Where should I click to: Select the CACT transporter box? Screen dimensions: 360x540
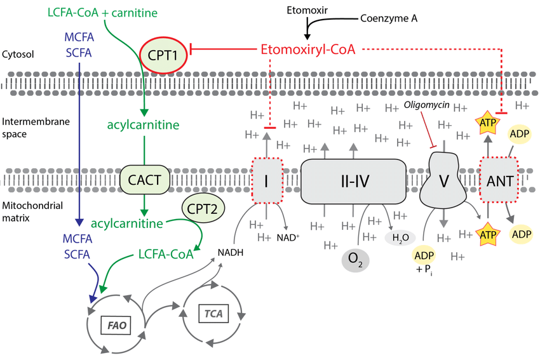pos(145,178)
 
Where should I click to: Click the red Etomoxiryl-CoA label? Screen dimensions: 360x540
pos(307,49)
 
